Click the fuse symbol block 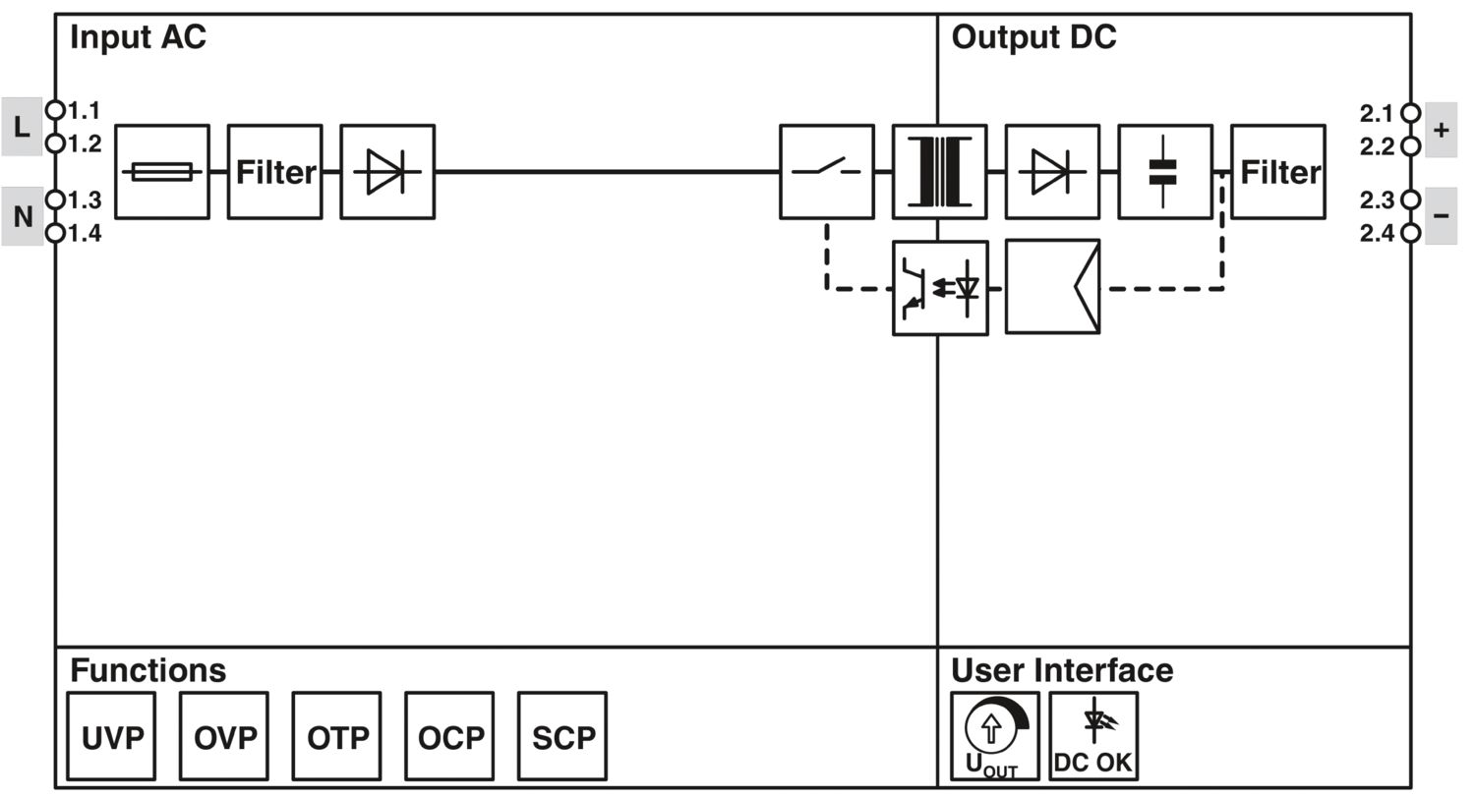pyautogui.click(x=162, y=172)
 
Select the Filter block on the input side pyautogui.click(x=275, y=172)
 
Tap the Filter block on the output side pyautogui.click(x=1278, y=172)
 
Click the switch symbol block pyautogui.click(x=827, y=172)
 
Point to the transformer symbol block pyautogui.click(x=940, y=172)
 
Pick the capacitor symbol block pyautogui.click(x=1165, y=172)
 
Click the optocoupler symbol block pyautogui.click(x=940, y=288)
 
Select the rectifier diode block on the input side pyautogui.click(x=387, y=172)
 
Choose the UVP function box pyautogui.click(x=111, y=736)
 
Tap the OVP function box pyautogui.click(x=224, y=736)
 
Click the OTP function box pyautogui.click(x=336, y=736)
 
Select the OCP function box pyautogui.click(x=449, y=736)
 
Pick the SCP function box pyautogui.click(x=562, y=736)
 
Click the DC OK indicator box pyautogui.click(x=1093, y=736)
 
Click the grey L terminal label pyautogui.click(x=22, y=127)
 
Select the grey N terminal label pyautogui.click(x=22, y=216)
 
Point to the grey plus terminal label pyautogui.click(x=1441, y=130)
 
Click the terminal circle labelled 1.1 pyautogui.click(x=56, y=109)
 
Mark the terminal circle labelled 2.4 pyautogui.click(x=1411, y=233)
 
